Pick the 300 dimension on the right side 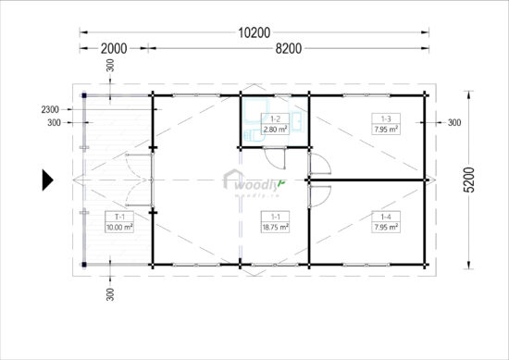coord(454,122)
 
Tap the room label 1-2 coord(275,119)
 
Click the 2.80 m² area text coord(275,129)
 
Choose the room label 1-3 coord(385,119)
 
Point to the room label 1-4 coord(385,217)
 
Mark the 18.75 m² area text coord(275,226)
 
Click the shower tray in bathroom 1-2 coord(254,108)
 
